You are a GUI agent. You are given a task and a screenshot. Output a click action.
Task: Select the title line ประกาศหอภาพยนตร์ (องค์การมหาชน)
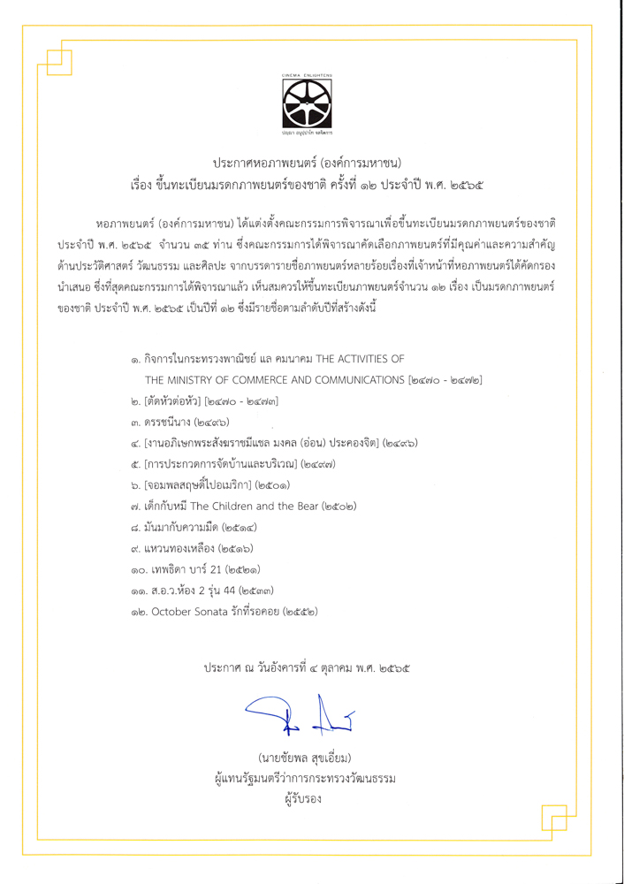tap(307, 164)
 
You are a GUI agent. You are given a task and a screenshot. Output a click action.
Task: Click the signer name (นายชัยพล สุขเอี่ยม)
tap(306, 758)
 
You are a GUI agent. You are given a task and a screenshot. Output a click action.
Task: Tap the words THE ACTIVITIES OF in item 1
tap(350, 359)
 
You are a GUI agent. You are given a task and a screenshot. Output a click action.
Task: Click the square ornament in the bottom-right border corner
tap(562, 822)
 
